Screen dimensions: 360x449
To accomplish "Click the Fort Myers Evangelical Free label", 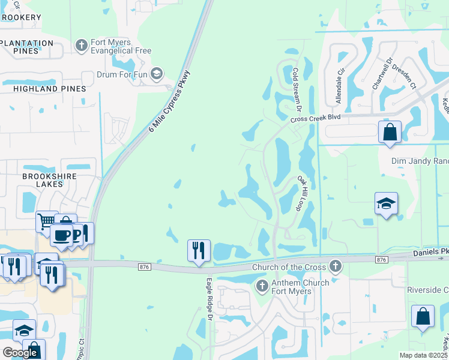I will pyautogui.click(x=121, y=47).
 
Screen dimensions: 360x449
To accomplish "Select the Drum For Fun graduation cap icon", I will pyautogui.click(x=157, y=74).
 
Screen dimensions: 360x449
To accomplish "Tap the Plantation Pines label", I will pyautogui.click(x=28, y=47).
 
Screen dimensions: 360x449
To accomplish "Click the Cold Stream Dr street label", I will pyautogui.click(x=295, y=89).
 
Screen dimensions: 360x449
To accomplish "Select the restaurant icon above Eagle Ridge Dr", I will pyautogui.click(x=199, y=250).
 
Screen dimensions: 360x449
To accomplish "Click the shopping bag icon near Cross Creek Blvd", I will pyautogui.click(x=390, y=132).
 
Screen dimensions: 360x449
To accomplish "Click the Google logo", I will pyautogui.click(x=20, y=353).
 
